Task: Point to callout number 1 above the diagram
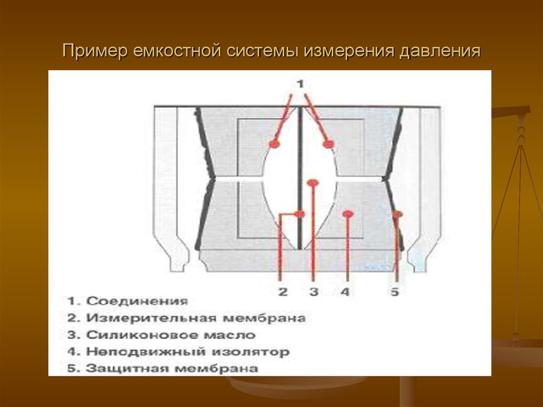pyautogui.click(x=300, y=84)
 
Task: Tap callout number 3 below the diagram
pyautogui.click(x=313, y=291)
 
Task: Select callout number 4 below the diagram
pyautogui.click(x=346, y=291)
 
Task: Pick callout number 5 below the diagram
pyautogui.click(x=395, y=291)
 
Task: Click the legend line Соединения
pyautogui.click(x=128, y=301)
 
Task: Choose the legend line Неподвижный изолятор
pyautogui.click(x=178, y=351)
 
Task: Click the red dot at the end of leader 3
pyautogui.click(x=313, y=183)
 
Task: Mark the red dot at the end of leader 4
pyautogui.click(x=348, y=214)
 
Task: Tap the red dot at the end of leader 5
pyautogui.click(x=397, y=214)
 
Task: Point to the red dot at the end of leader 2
pyautogui.click(x=300, y=214)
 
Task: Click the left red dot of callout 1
pyautogui.click(x=274, y=144)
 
